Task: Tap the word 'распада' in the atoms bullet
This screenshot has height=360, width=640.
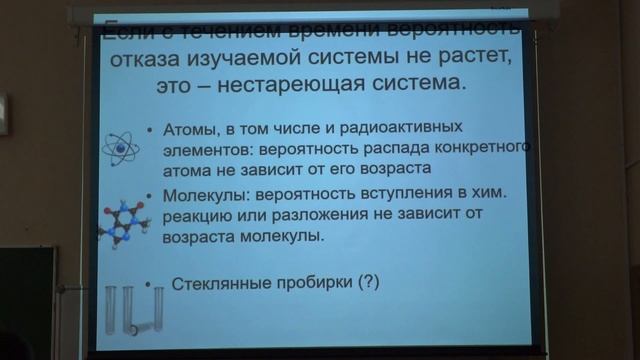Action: [x=387, y=148]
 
